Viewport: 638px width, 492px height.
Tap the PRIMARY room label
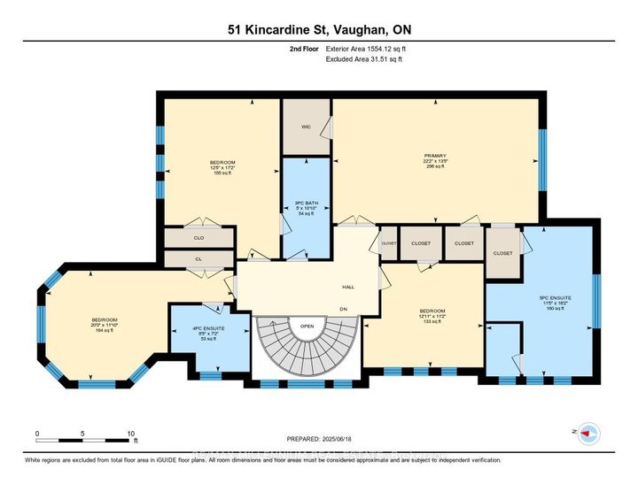click(x=435, y=156)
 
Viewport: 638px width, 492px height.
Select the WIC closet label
click(x=305, y=127)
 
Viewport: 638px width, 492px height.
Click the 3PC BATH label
click(x=305, y=190)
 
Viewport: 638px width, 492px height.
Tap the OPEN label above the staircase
click(x=307, y=325)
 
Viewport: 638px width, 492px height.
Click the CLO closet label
click(x=198, y=238)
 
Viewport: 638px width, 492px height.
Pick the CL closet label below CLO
click(x=198, y=258)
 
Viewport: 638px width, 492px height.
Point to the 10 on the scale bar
click(x=130, y=434)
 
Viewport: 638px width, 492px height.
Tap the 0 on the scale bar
click(x=37, y=434)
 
